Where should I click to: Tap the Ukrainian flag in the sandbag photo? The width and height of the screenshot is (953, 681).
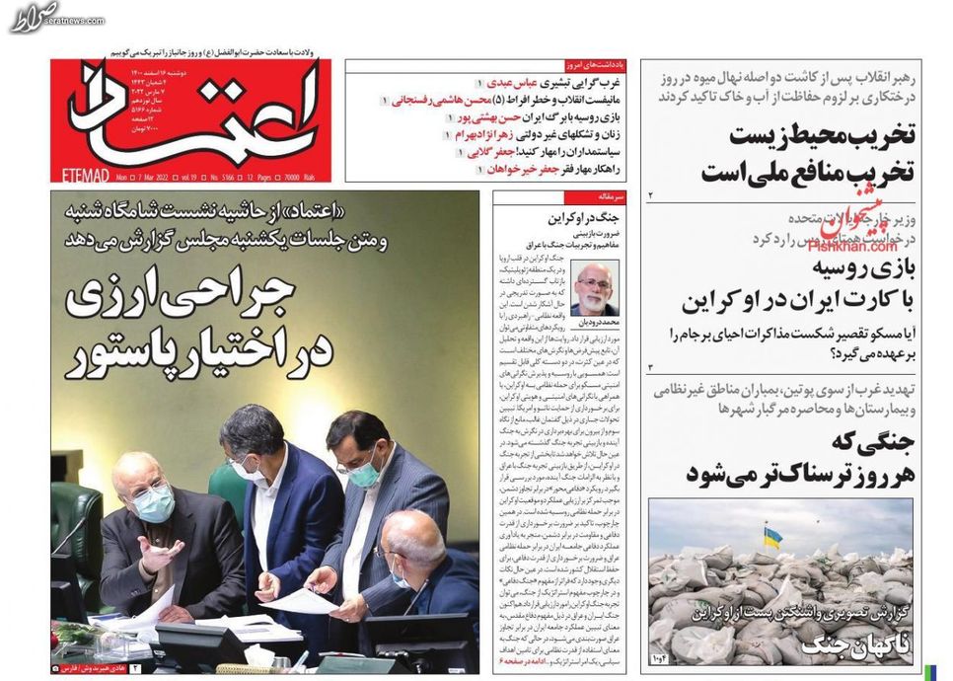point(771,537)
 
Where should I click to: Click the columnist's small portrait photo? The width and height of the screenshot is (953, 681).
point(595,288)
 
